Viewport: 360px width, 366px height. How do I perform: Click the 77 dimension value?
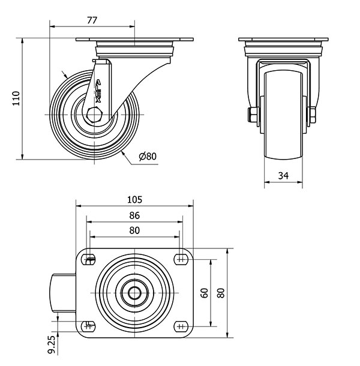coord(92,20)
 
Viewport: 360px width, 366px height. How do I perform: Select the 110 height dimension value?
coord(16,98)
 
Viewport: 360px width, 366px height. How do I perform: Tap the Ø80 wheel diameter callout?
coord(148,156)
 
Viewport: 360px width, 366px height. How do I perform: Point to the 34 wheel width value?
coord(283,175)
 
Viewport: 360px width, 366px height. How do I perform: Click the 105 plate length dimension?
coord(134,200)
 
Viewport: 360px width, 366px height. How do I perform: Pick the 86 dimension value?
coord(134,215)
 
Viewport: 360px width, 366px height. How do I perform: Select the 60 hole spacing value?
coord(204,293)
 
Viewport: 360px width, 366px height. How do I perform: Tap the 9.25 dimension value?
coord(53,344)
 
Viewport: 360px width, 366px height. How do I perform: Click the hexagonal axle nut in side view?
coord(94,115)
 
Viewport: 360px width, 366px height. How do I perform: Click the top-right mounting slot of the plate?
coord(181,259)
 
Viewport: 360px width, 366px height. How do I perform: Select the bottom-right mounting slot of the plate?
coord(181,326)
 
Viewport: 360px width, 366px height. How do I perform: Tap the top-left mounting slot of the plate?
coord(88,259)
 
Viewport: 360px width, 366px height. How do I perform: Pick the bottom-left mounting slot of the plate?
coord(88,326)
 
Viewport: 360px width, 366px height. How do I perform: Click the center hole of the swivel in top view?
coord(135,293)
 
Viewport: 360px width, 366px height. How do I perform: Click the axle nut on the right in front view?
coord(312,115)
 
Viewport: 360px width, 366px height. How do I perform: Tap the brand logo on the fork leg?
coord(98,91)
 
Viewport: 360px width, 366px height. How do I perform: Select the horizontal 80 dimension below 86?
coord(134,230)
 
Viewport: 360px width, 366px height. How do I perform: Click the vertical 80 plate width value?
coord(221,293)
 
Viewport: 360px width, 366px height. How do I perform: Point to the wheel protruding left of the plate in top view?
coord(63,293)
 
